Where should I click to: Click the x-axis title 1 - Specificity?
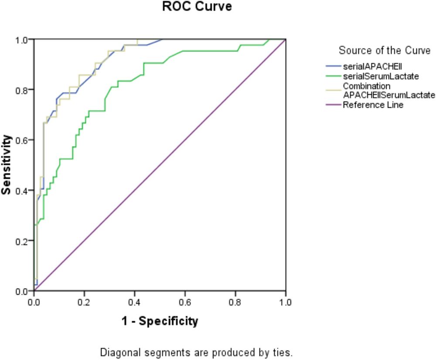[x=160, y=322]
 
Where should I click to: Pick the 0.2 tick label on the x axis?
[x=84, y=301]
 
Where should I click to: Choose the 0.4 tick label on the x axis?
[x=135, y=301]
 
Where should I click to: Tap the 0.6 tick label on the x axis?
[x=185, y=301]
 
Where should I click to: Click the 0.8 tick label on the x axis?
[x=235, y=301]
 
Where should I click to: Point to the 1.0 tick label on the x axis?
[x=286, y=301]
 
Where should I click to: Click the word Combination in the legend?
[x=367, y=86]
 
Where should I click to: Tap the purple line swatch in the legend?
[x=333, y=105]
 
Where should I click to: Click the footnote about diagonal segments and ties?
[x=197, y=352]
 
